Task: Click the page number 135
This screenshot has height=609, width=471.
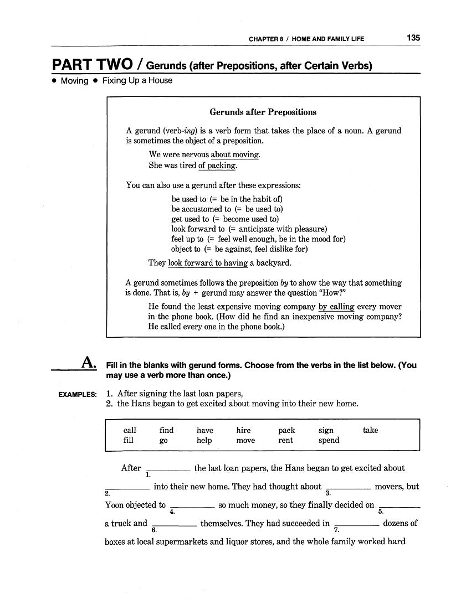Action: coord(413,38)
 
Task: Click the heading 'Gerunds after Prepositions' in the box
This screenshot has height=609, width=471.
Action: coord(263,112)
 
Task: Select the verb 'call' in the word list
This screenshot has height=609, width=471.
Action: coord(130,430)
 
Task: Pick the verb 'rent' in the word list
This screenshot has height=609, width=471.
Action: coord(286,441)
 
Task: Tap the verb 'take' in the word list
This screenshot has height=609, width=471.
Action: coord(370,430)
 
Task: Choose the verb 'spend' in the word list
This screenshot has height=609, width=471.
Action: coord(329,441)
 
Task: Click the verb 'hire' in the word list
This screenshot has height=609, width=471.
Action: coord(243,430)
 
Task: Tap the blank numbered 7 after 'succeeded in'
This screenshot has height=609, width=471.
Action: coord(357,523)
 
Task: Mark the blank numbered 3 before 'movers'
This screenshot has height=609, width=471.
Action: coord(349,487)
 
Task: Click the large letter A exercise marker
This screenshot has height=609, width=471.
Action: coord(89,363)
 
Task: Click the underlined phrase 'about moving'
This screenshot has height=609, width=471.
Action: coord(235,155)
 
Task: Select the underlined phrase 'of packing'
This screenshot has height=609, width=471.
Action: coord(217,166)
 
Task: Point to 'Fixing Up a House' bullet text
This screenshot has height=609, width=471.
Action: coord(137,81)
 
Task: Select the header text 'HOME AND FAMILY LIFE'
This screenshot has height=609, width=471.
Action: coord(328,39)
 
